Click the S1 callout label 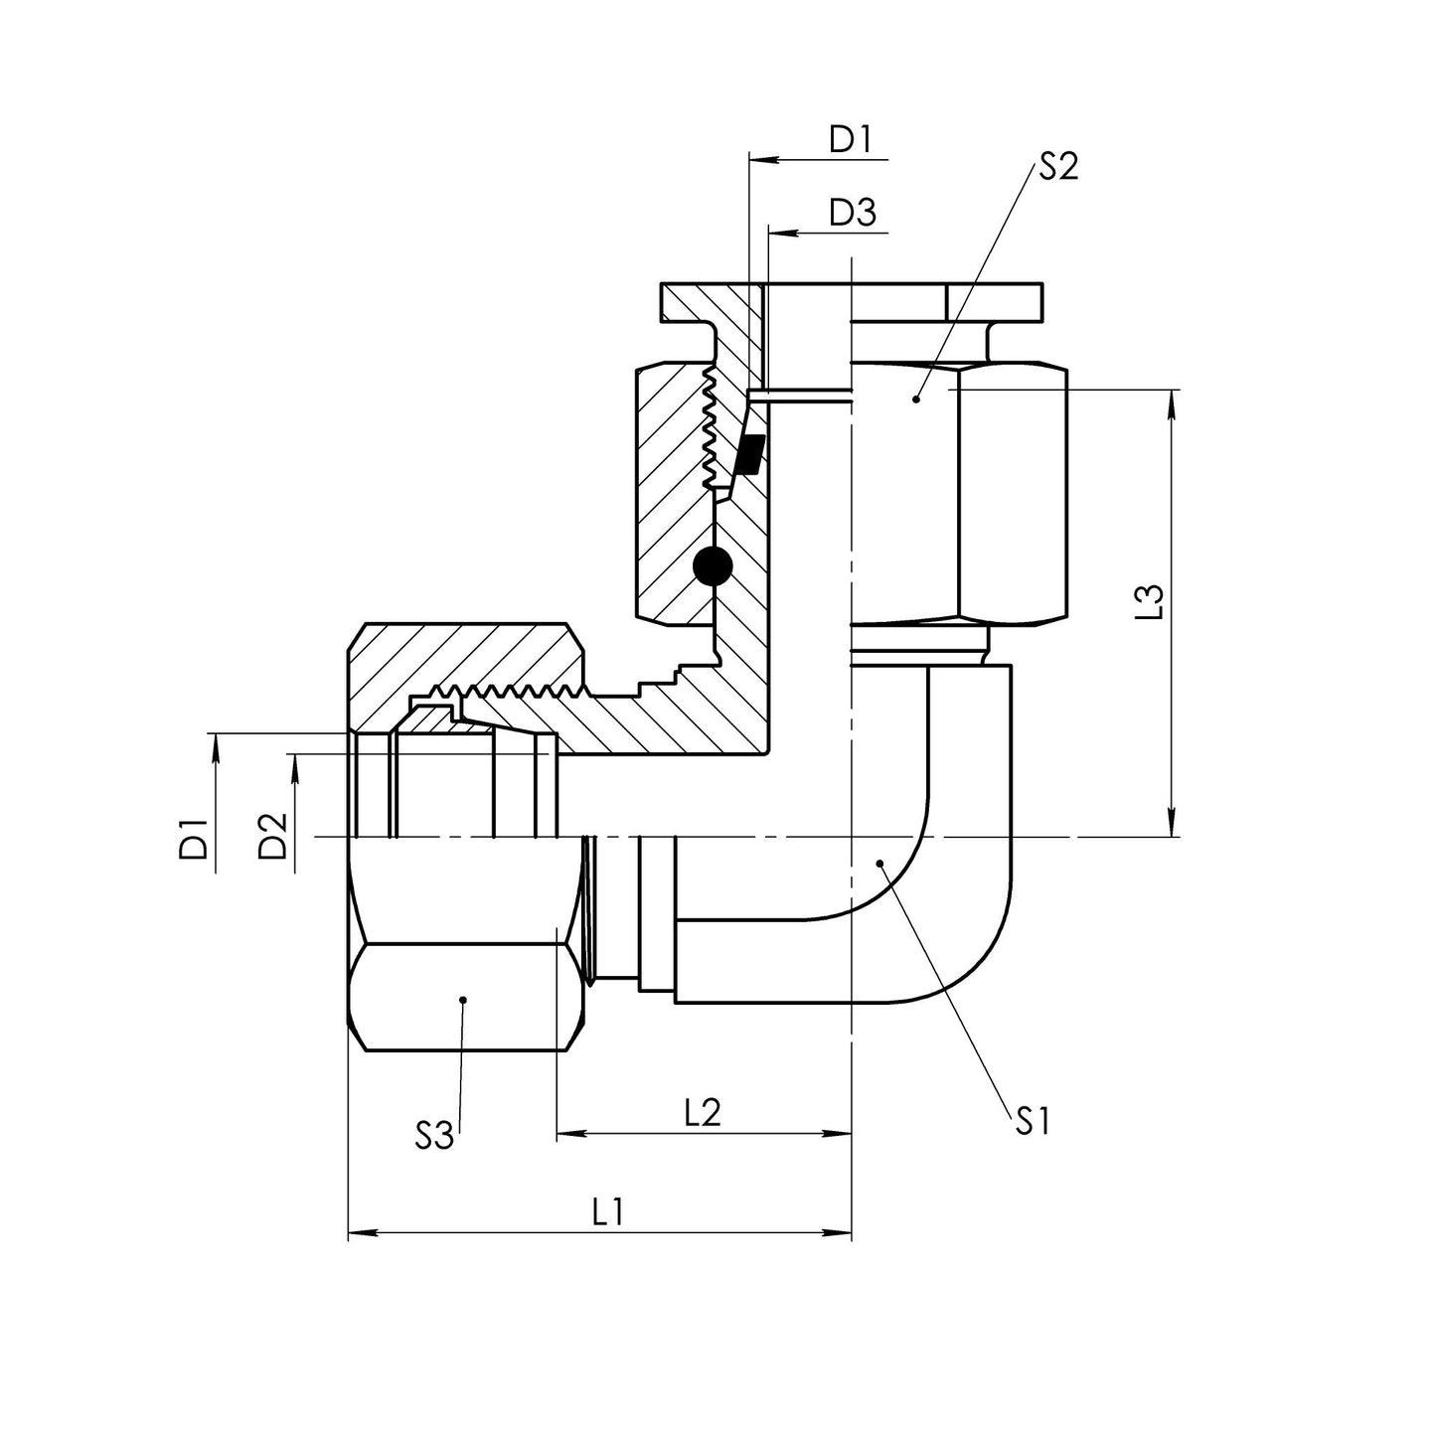point(1034,1122)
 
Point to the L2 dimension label point(703,1112)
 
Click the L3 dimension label point(1149,604)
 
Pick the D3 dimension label point(853,214)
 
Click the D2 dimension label point(272,836)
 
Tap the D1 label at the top point(851,140)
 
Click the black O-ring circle point(713,566)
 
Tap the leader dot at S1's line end point(879,864)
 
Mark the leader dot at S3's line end point(463,999)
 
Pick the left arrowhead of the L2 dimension point(568,1134)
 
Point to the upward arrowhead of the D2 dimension point(294,764)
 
